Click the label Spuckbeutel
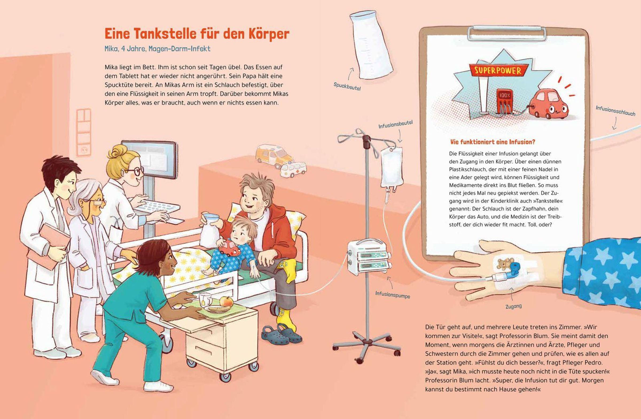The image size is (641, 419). [347, 86]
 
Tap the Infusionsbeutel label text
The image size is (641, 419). [395, 124]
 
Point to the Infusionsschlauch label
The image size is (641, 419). [615, 111]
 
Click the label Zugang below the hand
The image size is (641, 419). [513, 307]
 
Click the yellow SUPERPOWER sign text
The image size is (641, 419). [498, 71]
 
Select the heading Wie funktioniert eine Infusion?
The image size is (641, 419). [493, 142]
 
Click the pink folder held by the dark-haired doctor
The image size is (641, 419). [49, 246]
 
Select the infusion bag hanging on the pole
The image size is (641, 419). [391, 169]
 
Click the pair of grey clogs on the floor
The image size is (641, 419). [280, 333]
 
